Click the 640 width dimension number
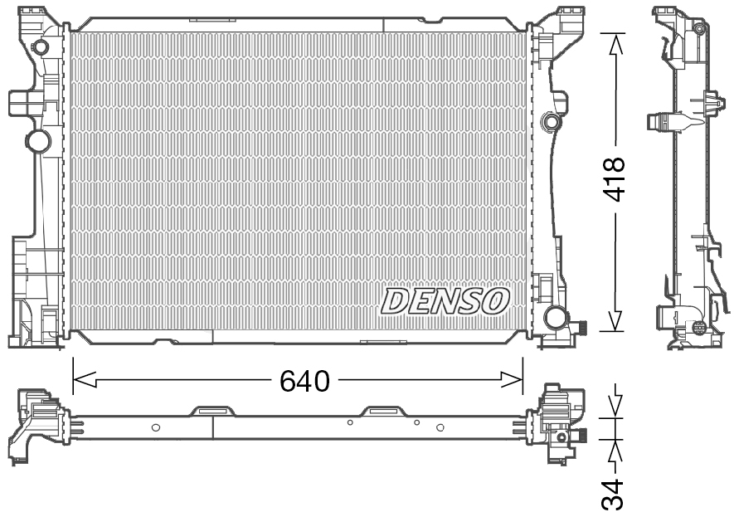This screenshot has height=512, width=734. click(x=304, y=381)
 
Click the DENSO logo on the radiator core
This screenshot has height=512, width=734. click(x=445, y=301)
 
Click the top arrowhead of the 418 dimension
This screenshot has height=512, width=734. click(x=614, y=44)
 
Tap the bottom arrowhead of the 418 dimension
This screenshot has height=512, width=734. click(x=614, y=320)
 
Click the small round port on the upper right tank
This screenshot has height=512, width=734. click(x=548, y=123)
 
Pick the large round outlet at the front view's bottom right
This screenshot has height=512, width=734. click(x=555, y=317)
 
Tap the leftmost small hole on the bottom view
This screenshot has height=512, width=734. click(x=155, y=427)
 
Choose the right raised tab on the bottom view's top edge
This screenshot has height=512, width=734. click(x=382, y=410)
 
